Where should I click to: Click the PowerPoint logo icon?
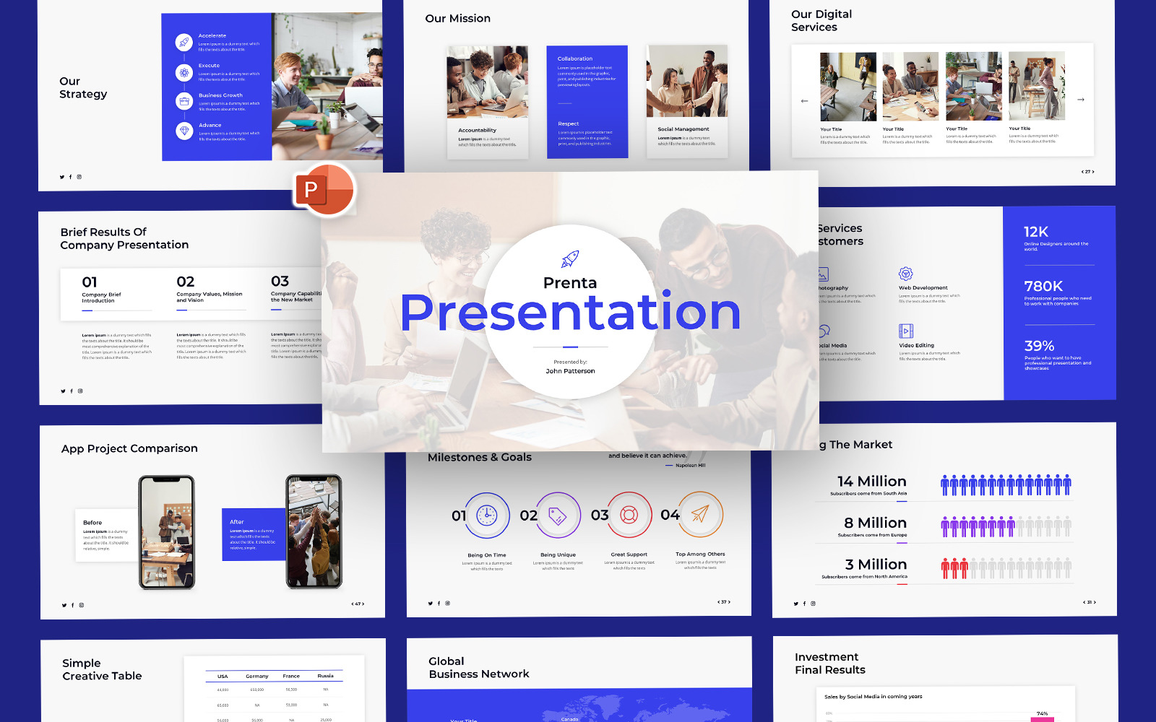point(324,190)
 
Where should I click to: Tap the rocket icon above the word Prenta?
point(570,258)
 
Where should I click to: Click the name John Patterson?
point(570,371)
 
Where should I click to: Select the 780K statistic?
point(1043,286)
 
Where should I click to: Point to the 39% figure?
point(1039,346)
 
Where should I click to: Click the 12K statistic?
point(1035,232)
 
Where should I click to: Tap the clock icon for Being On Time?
point(487,516)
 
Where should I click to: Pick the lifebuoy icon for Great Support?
point(629,515)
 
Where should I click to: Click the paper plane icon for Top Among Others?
point(700,514)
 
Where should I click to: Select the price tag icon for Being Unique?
point(558,516)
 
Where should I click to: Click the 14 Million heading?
point(871,482)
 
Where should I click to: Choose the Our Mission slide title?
point(457,19)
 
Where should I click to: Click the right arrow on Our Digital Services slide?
point(1081,100)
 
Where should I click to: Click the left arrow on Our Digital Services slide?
point(804,101)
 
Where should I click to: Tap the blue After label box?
point(253,534)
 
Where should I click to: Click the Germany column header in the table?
point(256,677)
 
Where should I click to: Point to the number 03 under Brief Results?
point(280,282)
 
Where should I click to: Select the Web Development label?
point(923,288)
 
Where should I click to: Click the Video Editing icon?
point(905,331)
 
